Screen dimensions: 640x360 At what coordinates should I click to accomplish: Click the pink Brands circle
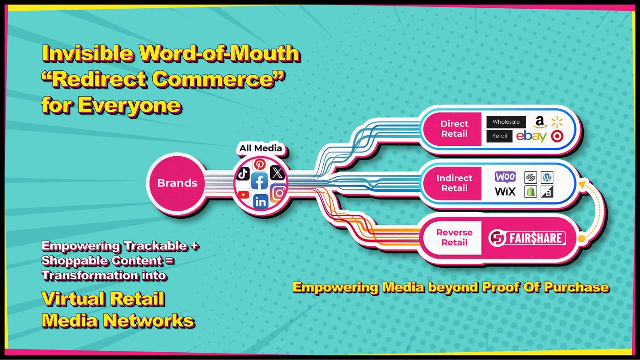[x=177, y=183]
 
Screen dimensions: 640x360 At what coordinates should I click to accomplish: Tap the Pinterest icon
[x=260, y=164]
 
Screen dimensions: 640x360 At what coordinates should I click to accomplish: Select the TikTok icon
[x=243, y=173]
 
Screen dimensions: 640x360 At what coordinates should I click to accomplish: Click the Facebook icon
[x=260, y=181]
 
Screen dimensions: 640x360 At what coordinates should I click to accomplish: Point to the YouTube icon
[x=243, y=195]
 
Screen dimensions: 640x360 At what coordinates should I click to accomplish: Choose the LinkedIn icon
[x=261, y=201]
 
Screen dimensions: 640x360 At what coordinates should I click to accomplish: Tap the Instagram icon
[x=278, y=193]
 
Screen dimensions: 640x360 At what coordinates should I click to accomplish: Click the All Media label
[x=260, y=148]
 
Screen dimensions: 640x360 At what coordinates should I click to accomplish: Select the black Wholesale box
[x=506, y=122]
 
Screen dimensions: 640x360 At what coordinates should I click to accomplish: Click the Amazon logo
[x=540, y=122]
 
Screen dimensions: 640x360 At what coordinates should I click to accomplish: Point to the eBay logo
[x=531, y=137]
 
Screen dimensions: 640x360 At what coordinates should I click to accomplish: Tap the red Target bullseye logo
[x=557, y=136]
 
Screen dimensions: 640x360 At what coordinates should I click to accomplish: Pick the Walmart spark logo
[x=557, y=122]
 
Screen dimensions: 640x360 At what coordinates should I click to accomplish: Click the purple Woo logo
[x=505, y=177]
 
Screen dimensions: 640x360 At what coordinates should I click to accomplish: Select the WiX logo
[x=505, y=191]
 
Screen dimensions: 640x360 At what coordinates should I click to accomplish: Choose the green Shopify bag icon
[x=531, y=191]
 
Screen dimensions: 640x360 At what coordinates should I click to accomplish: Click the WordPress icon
[x=547, y=177]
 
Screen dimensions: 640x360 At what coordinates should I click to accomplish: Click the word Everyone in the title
[x=130, y=106]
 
